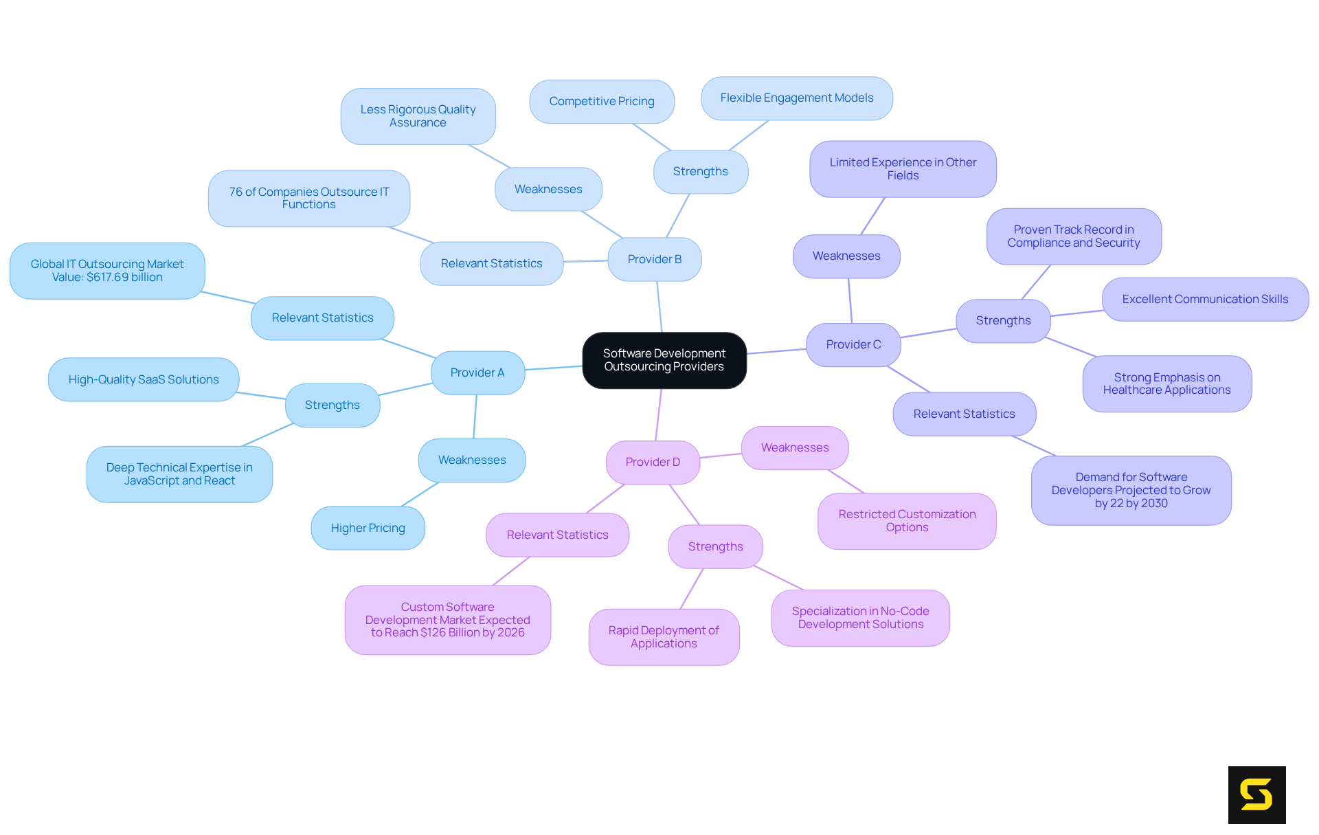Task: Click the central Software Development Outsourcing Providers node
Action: (664, 360)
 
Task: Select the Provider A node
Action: (477, 372)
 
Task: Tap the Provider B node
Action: (655, 259)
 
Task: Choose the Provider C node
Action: (853, 344)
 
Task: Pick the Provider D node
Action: (653, 462)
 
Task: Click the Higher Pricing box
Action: (368, 528)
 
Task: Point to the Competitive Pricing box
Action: (602, 101)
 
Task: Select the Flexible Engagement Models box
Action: (797, 98)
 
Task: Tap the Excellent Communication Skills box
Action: (1205, 299)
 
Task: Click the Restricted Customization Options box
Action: (907, 521)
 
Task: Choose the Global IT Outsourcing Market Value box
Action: (107, 271)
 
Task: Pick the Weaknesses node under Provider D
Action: (795, 447)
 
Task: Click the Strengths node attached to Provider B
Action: (701, 171)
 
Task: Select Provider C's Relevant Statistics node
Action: (965, 414)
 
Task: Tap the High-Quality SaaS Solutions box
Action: (144, 379)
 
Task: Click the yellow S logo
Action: (1256, 794)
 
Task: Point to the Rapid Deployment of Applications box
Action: (664, 637)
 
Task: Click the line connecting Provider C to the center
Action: (776, 351)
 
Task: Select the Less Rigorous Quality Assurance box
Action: (418, 116)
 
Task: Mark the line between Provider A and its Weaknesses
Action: (475, 416)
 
